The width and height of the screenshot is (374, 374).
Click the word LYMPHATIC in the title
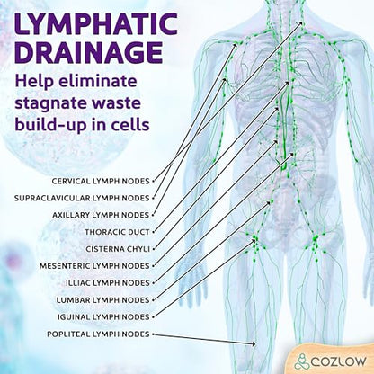point(96,23)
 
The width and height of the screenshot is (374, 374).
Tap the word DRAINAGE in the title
point(89,52)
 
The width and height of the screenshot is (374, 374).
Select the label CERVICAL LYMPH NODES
point(101,181)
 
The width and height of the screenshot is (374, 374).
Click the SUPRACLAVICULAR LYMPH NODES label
point(82,198)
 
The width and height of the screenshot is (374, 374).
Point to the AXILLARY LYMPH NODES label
point(101,215)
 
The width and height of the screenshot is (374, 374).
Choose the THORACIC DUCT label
point(117,232)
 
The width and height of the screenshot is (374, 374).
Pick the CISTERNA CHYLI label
point(118,249)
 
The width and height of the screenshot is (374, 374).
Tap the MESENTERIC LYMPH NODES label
point(94,266)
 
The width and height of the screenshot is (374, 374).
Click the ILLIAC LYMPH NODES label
point(108,283)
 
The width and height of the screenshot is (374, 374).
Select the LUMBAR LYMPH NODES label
point(102,300)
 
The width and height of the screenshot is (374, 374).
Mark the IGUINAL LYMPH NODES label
point(103,316)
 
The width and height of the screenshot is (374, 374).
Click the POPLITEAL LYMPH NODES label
point(98,334)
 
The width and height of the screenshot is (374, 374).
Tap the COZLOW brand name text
point(338,361)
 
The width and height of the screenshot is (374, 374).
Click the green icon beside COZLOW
point(301,361)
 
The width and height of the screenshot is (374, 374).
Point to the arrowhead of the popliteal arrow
point(254,344)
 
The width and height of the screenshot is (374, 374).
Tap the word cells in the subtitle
point(132,123)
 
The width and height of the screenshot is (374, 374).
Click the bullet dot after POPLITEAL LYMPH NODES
point(153,334)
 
